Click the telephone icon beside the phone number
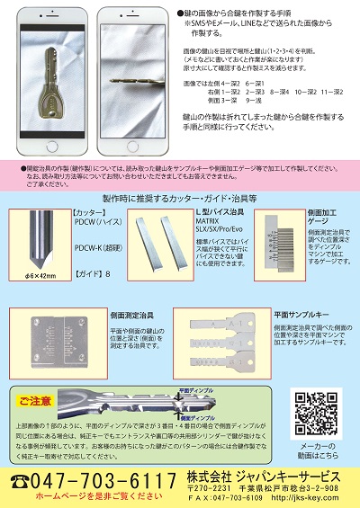[21, 481]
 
